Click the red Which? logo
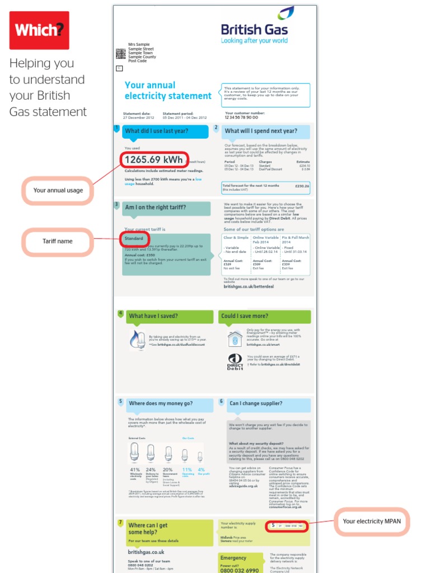[x=39, y=30]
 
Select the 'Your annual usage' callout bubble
[x=58, y=190]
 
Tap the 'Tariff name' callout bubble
[x=58, y=241]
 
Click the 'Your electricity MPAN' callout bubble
[x=371, y=522]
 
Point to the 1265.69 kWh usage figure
[x=153, y=160]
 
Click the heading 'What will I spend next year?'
[x=260, y=131]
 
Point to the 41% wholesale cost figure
[x=135, y=469]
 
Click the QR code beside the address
[x=120, y=53]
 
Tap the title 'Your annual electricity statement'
[x=167, y=91]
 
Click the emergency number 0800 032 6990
[x=240, y=570]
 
